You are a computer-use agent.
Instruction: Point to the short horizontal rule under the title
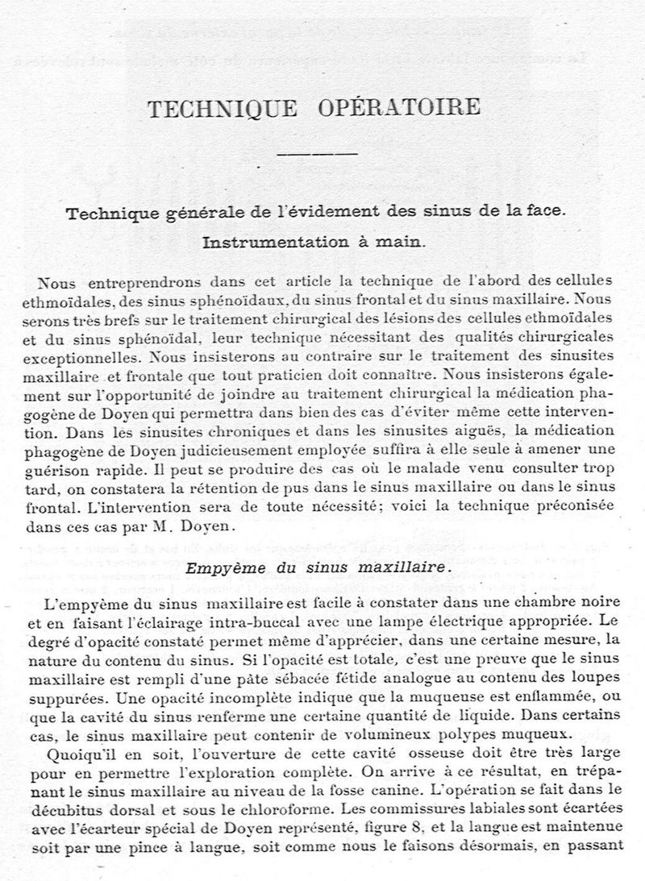tap(317, 153)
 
